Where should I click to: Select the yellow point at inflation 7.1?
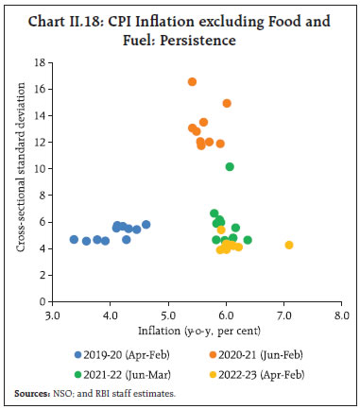click(x=289, y=246)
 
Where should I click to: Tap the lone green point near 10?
click(x=230, y=167)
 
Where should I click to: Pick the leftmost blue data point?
click(x=74, y=240)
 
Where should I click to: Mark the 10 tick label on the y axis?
click(x=40, y=169)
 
